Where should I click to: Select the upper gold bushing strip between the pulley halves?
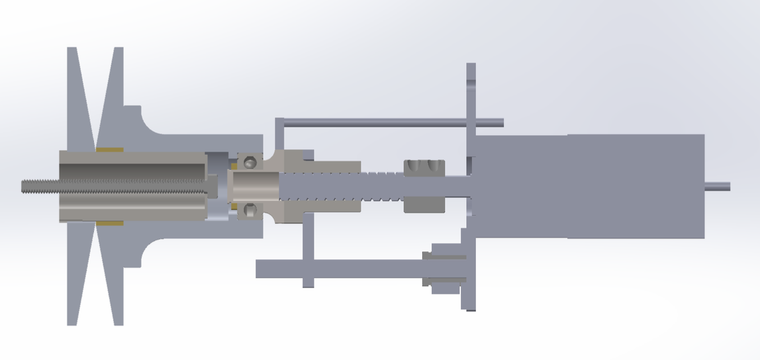pyautogui.click(x=109, y=150)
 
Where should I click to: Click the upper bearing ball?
pyautogui.click(x=250, y=163)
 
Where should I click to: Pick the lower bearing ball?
pyautogui.click(x=250, y=210)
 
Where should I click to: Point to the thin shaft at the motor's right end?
pyautogui.click(x=718, y=186)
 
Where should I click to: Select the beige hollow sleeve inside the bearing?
pyautogui.click(x=253, y=187)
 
